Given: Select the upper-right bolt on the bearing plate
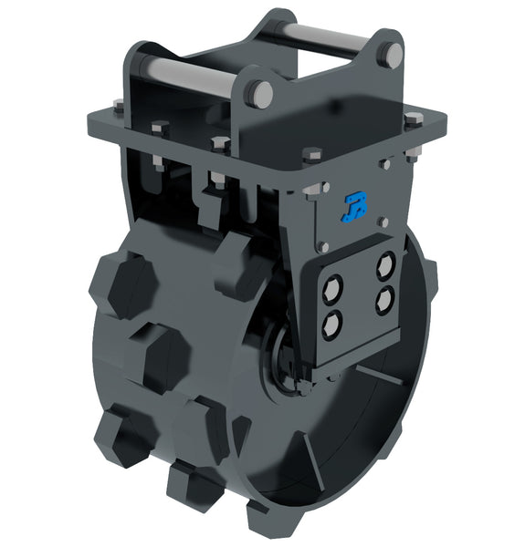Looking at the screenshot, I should point(385,263).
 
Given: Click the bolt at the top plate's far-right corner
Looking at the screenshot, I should point(413,118).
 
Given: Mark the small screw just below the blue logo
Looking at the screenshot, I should point(324,245).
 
